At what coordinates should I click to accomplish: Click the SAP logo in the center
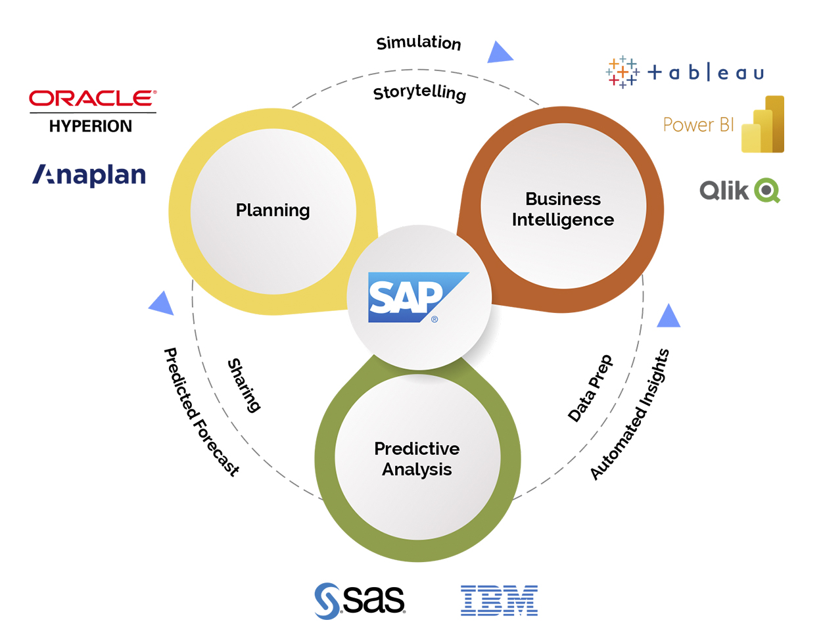[x=416, y=298]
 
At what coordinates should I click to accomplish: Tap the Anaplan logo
[x=89, y=175]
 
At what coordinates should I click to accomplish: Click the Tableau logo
[x=685, y=72]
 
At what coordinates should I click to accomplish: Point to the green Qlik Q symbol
[x=766, y=191]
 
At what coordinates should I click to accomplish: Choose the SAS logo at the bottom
[x=360, y=600]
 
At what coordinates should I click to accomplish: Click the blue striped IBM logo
[x=499, y=600]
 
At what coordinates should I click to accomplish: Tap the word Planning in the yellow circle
[x=273, y=210]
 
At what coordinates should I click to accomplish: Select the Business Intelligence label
[x=563, y=209]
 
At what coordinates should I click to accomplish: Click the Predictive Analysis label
[x=417, y=459]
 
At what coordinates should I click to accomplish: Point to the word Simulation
[x=419, y=43]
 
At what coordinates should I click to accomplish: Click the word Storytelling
[x=419, y=93]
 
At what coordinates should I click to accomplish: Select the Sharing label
[x=244, y=385]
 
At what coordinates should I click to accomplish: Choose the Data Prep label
[x=590, y=389]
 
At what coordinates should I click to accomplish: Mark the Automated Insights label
[x=629, y=415]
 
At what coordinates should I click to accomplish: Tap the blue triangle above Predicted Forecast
[x=162, y=303]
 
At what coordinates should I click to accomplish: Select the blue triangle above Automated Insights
[x=669, y=317]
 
